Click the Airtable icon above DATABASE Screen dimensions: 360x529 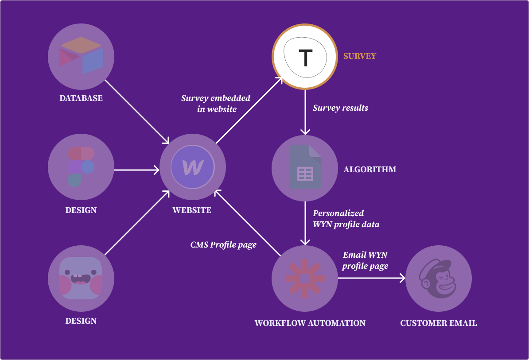tap(81, 55)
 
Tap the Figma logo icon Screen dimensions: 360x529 tap(81, 166)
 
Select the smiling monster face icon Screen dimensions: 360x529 tap(81, 278)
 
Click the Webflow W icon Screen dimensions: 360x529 tap(193, 167)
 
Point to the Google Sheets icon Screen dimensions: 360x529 tap(305, 168)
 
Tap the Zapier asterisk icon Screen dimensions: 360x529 tap(305, 279)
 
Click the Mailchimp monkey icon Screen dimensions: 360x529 tap(439, 279)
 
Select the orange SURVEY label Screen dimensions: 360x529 tap(360, 56)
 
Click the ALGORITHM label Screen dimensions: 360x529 tap(370, 169)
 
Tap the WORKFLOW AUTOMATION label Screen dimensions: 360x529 tap(310, 323)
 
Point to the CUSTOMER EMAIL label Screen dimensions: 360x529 tap(439, 323)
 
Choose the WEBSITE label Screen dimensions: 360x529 tap(192, 210)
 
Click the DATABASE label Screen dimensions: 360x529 tap(81, 98)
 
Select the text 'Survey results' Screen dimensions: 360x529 tap(340, 108)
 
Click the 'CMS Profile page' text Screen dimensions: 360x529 tap(223, 244)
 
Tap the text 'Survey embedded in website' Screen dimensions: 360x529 tap(216, 103)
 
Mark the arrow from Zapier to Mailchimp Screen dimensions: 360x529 tap(371, 279)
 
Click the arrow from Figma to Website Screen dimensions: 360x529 tap(136, 170)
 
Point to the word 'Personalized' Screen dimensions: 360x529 tap(338, 213)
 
